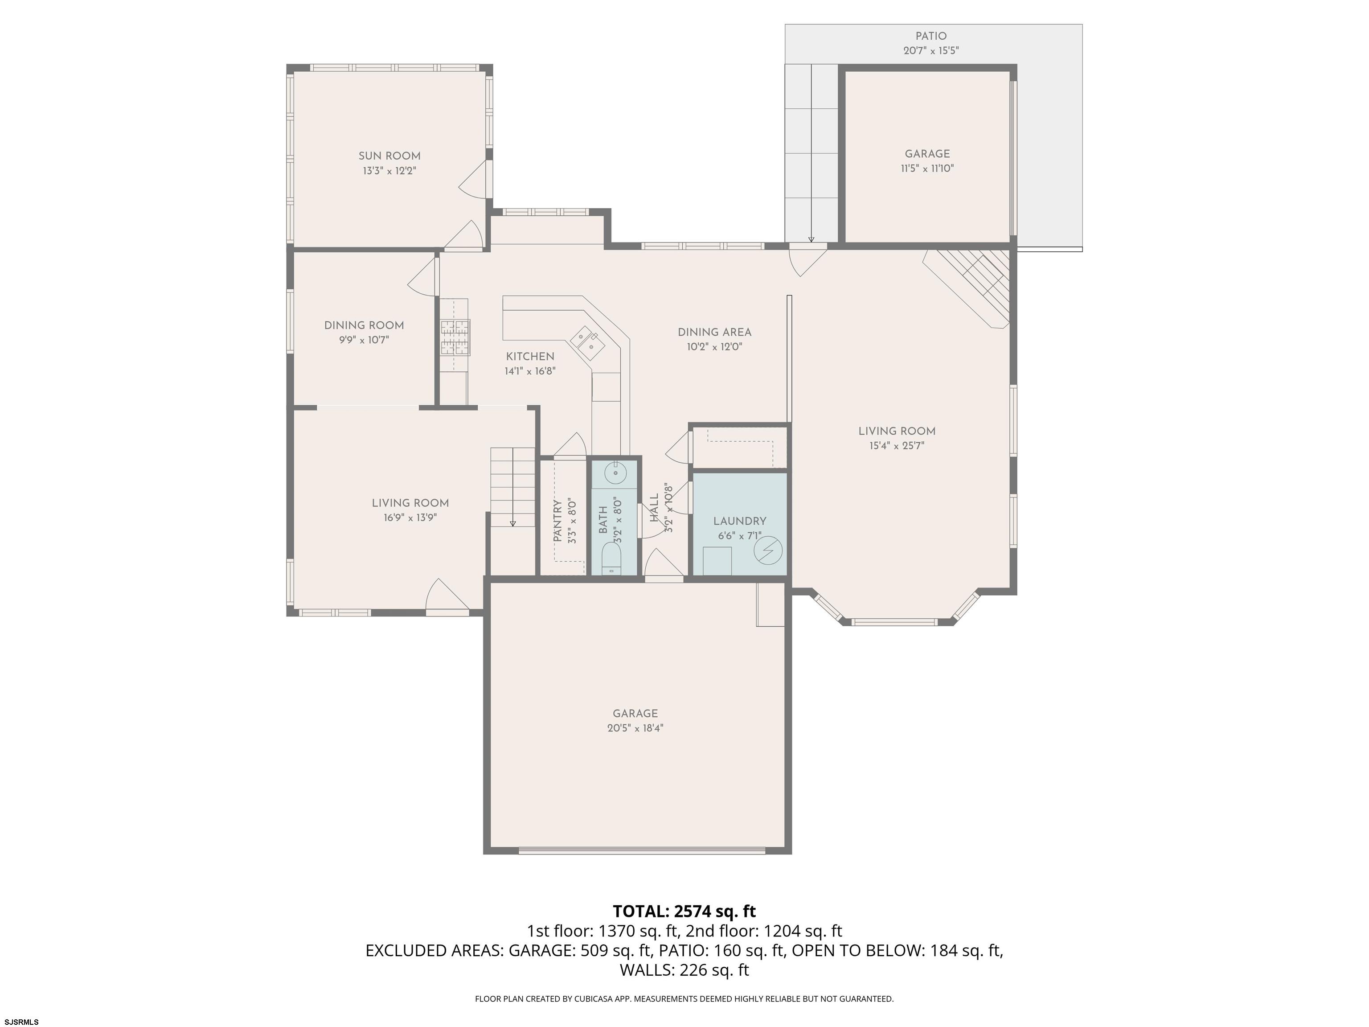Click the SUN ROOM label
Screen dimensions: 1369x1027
point(389,156)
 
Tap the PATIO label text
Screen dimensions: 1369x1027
point(931,36)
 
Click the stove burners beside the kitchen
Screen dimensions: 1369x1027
point(455,337)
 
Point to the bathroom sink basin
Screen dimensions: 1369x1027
point(616,473)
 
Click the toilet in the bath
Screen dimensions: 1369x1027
point(611,558)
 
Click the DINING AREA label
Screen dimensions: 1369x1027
point(714,333)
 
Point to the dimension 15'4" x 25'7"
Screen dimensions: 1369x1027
point(896,446)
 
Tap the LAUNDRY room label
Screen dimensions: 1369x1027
point(740,521)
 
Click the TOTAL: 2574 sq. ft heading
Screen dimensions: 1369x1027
point(684,911)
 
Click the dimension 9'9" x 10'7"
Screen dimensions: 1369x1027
point(364,340)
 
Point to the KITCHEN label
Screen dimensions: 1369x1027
point(530,357)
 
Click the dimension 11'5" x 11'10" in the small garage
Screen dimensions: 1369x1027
point(927,168)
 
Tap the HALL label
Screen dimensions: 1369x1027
point(654,508)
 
